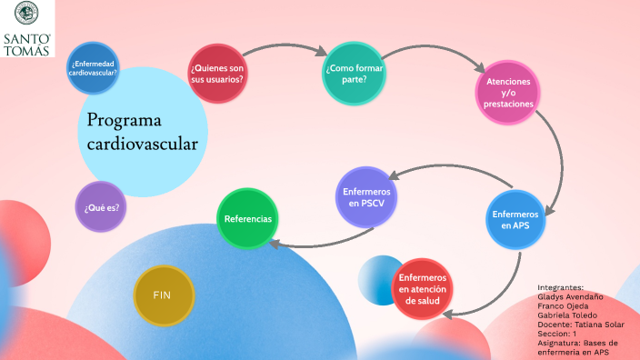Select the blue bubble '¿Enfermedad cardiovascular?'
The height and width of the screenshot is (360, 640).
coord(94,68)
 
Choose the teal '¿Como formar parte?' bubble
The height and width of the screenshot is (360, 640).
coord(355,73)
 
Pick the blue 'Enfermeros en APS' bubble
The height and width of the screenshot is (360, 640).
coord(515,220)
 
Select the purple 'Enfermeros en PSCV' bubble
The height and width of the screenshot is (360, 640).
coord(367,198)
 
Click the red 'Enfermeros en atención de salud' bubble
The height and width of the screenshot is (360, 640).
coord(423,288)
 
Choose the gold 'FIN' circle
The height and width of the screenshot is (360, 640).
coord(163,295)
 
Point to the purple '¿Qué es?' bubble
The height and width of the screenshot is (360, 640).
coord(102,206)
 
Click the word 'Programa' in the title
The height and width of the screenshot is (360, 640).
coord(125,121)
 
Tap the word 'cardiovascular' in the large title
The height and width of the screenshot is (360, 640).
coord(143,144)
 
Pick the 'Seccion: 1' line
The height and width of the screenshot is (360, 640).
coord(557,334)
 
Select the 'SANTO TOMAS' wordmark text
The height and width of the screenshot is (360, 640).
coord(27,44)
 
